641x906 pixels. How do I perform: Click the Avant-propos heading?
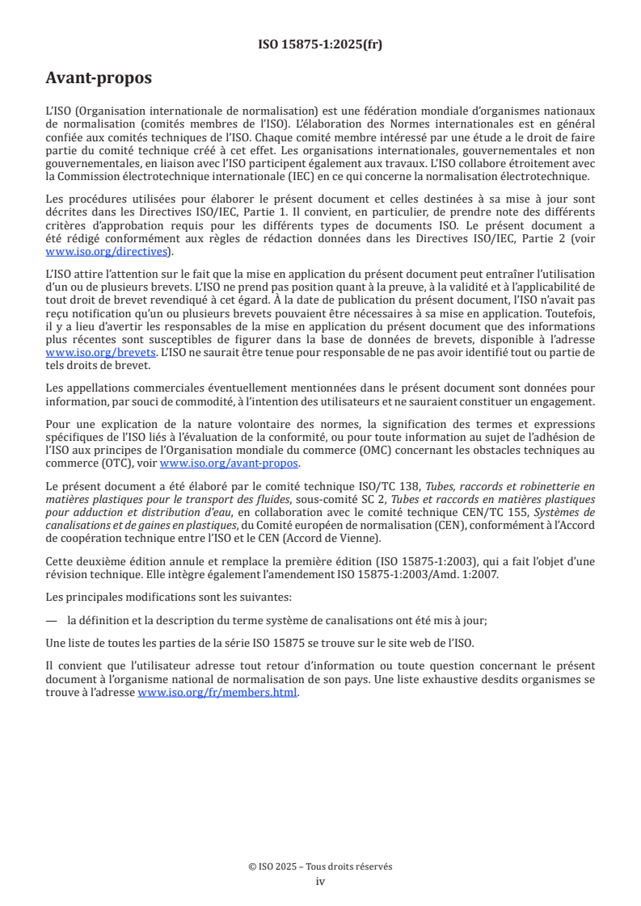click(x=99, y=78)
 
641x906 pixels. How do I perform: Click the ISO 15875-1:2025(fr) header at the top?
click(x=320, y=45)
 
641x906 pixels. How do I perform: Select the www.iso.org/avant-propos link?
click(x=230, y=463)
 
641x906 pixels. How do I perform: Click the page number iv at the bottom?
click(x=320, y=881)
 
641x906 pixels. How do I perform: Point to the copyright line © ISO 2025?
click(x=320, y=866)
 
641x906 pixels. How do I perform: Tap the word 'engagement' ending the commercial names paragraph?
click(x=564, y=401)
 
